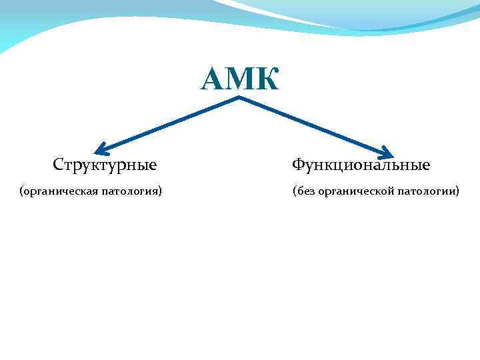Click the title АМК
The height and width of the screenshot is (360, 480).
click(x=239, y=79)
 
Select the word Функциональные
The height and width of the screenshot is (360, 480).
click(x=361, y=164)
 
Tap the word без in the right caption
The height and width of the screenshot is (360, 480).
click(x=306, y=192)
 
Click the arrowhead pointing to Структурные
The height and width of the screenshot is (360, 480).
click(x=101, y=149)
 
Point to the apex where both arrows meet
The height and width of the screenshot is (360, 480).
click(x=239, y=98)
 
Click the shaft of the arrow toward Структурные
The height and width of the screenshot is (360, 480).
click(x=170, y=124)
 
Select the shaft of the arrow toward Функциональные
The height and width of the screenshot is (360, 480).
click(x=313, y=126)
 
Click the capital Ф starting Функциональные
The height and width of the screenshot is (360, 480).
click(x=298, y=164)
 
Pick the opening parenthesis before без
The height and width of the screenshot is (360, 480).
click(x=294, y=192)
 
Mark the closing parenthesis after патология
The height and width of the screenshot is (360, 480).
click(x=161, y=192)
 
